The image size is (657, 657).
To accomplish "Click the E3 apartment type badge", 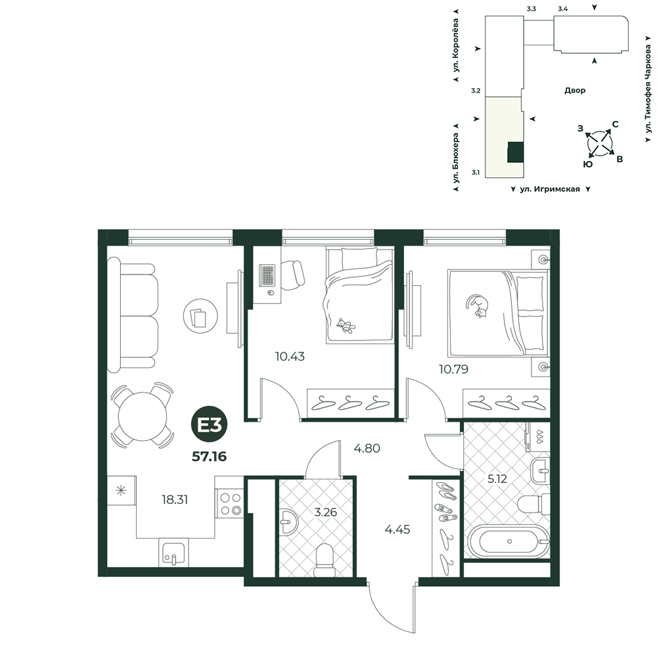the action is click(x=209, y=426).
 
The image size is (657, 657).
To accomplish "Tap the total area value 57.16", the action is click(x=209, y=457).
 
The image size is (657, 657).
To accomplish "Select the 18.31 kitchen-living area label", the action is click(x=175, y=499).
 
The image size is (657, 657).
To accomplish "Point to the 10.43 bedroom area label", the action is click(x=290, y=357).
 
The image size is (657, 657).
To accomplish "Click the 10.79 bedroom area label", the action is click(x=453, y=369).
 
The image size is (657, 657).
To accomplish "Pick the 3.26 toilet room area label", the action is click(x=326, y=512).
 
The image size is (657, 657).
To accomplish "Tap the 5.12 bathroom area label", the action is click(x=497, y=478).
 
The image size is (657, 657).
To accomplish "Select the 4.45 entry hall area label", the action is click(x=397, y=529).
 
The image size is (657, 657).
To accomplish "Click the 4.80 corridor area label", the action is click(x=367, y=448).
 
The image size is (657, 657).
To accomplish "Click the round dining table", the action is click(x=143, y=416).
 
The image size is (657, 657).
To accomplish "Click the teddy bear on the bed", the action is click(x=346, y=326).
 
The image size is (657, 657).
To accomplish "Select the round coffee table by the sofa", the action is click(x=200, y=316).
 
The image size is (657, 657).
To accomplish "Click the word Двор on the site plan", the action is click(x=575, y=91).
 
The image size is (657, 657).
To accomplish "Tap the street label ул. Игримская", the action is click(x=550, y=189).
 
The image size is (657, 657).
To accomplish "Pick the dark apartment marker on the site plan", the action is click(x=515, y=152).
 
